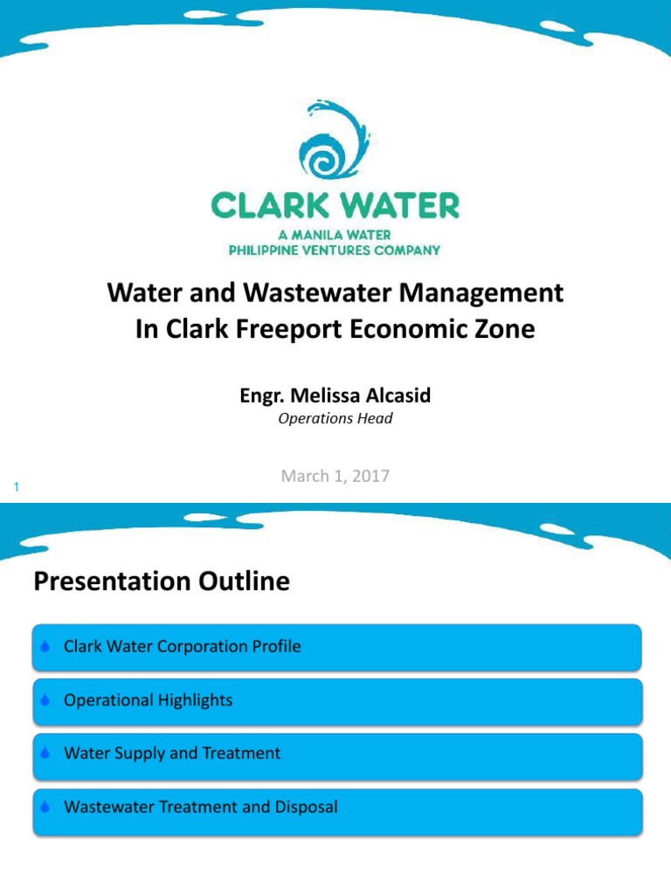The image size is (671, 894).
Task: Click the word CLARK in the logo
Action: pos(268,206)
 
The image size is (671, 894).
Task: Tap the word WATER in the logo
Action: pos(404,206)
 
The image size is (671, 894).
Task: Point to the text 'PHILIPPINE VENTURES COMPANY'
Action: pos(335,250)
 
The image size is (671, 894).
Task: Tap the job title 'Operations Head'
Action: pos(335,418)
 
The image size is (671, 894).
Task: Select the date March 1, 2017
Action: pos(335,476)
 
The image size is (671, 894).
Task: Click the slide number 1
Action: pos(16,487)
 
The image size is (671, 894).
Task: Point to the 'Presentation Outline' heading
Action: pos(162,581)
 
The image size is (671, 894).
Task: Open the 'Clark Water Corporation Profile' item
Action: pos(182,647)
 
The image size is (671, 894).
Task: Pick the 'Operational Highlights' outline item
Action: pos(148,700)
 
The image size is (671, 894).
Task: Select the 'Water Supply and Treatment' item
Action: pos(172,753)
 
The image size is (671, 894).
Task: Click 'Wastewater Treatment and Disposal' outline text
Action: pos(200,807)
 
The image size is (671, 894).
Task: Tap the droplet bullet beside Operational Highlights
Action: pos(45,701)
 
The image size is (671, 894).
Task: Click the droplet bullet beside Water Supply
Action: pos(45,754)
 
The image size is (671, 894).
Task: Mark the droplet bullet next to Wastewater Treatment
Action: pos(45,808)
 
